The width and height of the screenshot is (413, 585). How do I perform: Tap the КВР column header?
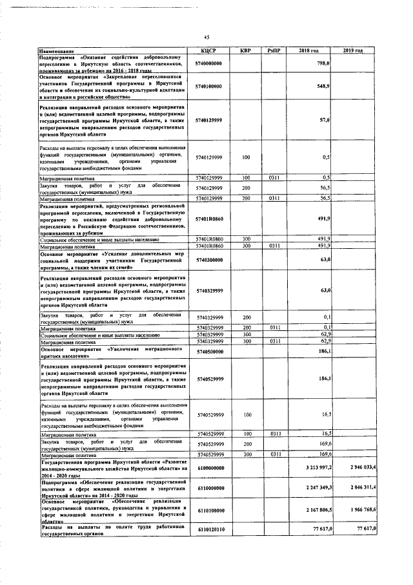point(246,50)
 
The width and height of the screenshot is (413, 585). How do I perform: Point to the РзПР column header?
point(273,50)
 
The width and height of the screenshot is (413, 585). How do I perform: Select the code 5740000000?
point(209,64)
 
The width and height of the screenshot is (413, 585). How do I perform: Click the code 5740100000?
point(209,86)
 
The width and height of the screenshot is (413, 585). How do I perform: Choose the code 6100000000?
point(209,467)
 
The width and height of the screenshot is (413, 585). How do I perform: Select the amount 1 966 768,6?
point(365,510)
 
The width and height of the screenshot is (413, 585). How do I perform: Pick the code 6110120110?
point(209,529)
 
